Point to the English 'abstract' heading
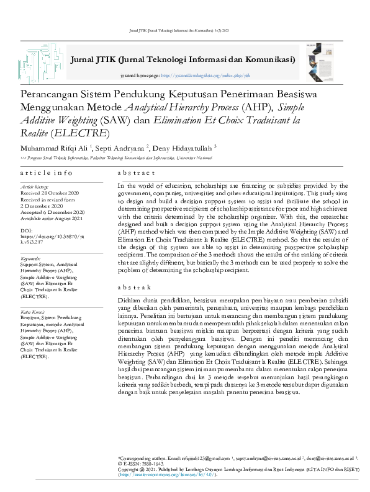click(136, 173)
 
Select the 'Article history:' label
click(35, 187)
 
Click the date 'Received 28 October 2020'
click(49, 192)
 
